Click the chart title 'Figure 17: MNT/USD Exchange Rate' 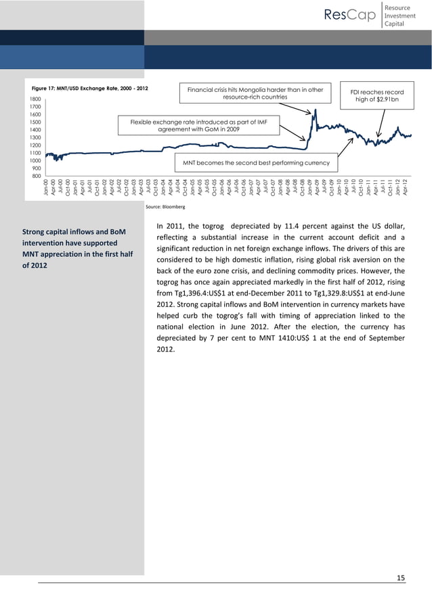pos(86,89)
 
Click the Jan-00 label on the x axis pos(45,187)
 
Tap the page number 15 pos(400,577)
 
